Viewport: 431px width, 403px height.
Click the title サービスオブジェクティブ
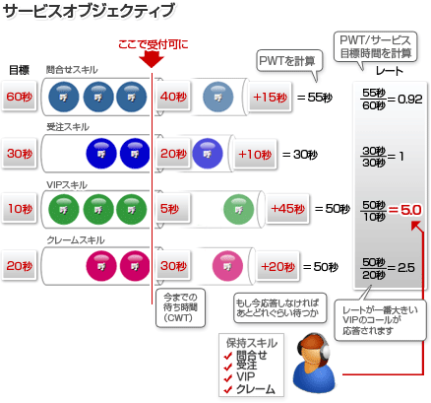point(89,11)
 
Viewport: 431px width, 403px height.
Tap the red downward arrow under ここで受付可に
point(152,59)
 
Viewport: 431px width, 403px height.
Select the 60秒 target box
point(19,97)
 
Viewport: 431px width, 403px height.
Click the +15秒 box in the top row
point(270,97)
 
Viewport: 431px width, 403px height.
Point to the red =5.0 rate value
point(404,210)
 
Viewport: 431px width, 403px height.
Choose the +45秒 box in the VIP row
point(287,209)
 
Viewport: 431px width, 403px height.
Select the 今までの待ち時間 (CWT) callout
point(180,307)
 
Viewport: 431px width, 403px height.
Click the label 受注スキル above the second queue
point(68,127)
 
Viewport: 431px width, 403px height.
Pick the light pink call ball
point(227,266)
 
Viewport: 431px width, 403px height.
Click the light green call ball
point(238,209)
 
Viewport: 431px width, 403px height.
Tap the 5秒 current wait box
point(173,209)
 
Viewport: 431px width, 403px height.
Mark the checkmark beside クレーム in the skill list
point(228,390)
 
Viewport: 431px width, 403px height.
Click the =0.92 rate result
point(405,99)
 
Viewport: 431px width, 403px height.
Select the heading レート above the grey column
point(390,71)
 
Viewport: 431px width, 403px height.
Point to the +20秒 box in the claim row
point(277,266)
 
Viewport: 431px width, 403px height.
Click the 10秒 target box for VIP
point(19,209)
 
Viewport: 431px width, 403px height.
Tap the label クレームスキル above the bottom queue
point(76,240)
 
